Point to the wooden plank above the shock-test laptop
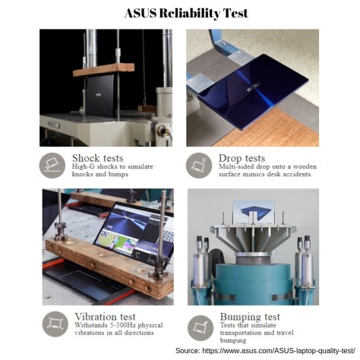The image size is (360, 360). click(x=103, y=69)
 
